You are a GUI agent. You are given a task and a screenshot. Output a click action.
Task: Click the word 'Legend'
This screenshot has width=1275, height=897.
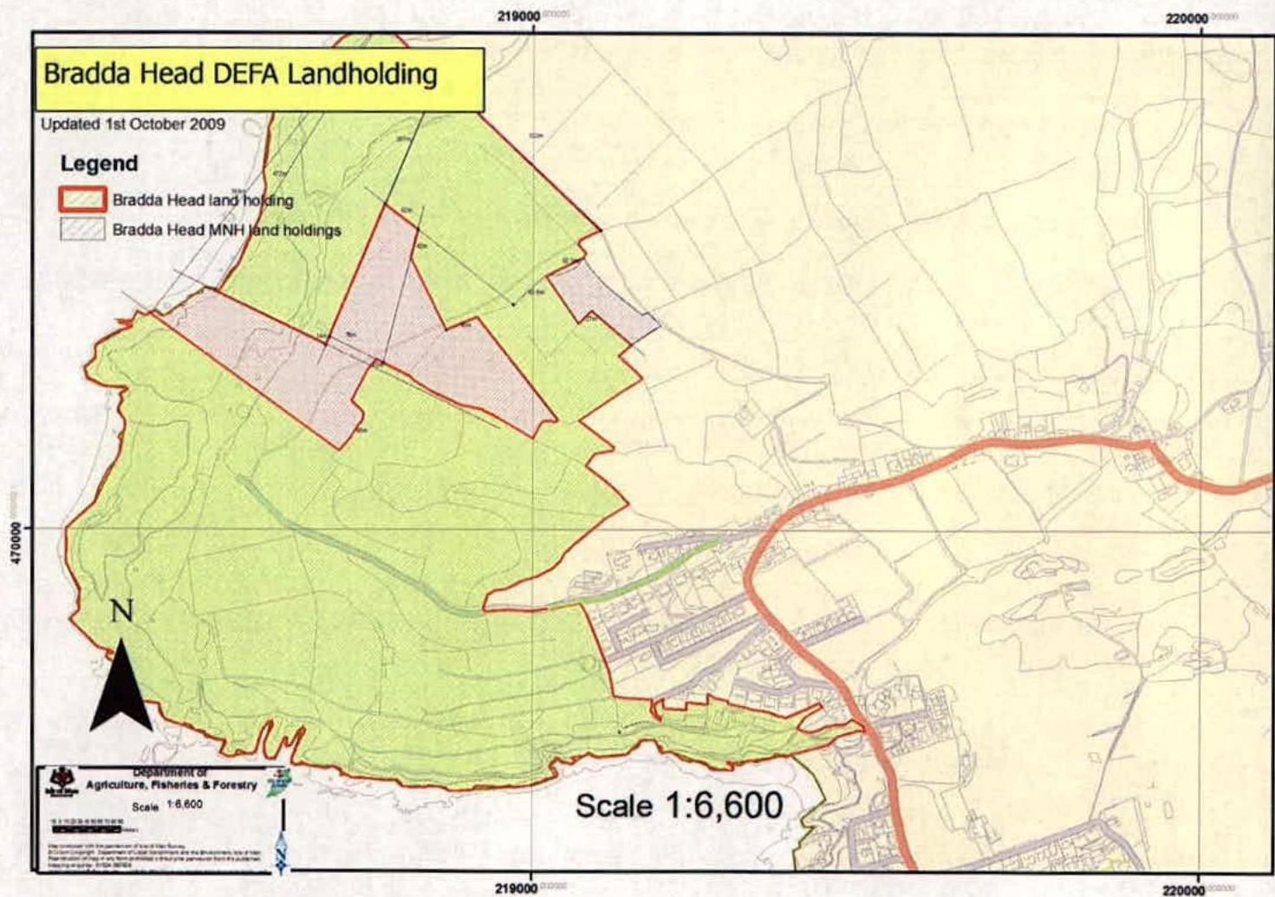point(99,164)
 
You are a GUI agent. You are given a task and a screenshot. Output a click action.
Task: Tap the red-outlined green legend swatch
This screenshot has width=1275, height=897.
point(82,200)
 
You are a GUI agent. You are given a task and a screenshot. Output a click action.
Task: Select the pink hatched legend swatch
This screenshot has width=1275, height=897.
point(82,230)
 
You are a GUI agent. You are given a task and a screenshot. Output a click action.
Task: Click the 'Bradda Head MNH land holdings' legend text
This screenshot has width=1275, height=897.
point(226,231)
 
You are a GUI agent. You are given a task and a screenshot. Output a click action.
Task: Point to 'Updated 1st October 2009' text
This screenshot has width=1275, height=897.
point(133,124)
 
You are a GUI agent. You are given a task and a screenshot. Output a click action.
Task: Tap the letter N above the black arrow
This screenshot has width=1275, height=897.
point(121,611)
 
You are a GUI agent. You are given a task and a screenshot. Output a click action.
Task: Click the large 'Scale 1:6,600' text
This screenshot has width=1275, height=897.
point(679,806)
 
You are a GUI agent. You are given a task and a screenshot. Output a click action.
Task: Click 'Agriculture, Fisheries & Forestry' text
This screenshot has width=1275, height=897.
point(172,785)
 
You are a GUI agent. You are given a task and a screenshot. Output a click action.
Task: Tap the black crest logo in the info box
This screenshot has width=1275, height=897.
point(64,781)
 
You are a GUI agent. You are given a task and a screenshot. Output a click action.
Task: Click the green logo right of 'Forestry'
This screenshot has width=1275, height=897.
point(283,777)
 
